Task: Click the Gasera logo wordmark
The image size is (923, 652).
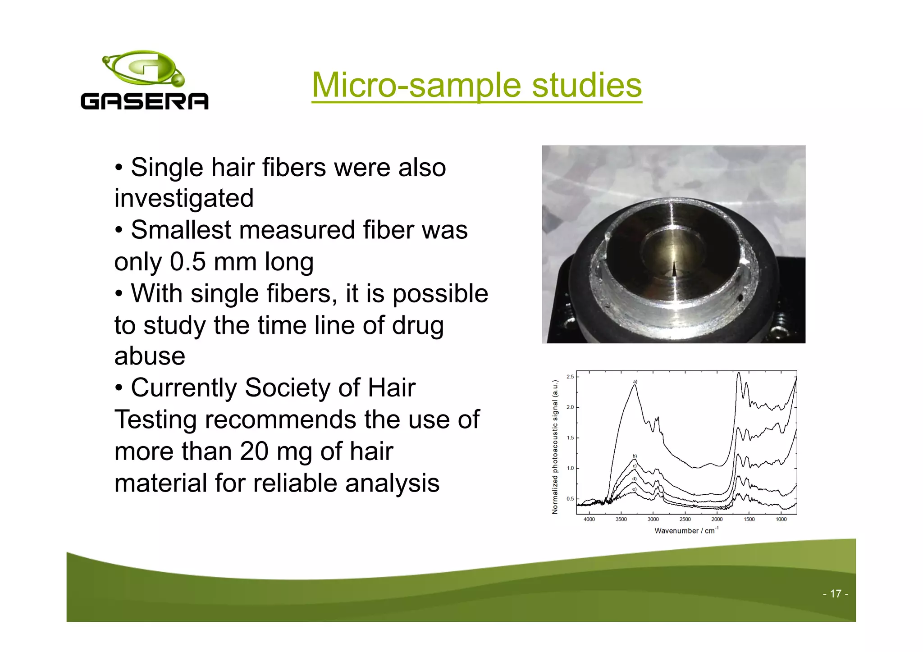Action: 144,101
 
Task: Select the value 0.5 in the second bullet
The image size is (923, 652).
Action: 187,261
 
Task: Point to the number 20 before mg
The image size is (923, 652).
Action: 254,451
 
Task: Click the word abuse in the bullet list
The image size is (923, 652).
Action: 150,356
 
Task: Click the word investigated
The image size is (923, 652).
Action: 184,198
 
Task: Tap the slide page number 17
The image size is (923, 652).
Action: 835,594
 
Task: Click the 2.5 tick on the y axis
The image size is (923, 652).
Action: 570,377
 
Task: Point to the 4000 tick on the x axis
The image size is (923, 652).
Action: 589,520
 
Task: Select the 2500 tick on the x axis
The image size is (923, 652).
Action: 685,520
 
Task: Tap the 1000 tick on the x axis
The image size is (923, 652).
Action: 781,520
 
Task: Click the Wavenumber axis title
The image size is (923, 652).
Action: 686,531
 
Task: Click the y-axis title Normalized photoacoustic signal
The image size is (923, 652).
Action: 555,447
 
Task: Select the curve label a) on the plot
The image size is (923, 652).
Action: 635,382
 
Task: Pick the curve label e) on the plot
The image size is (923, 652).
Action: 634,489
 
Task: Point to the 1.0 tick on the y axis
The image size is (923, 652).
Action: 570,468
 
